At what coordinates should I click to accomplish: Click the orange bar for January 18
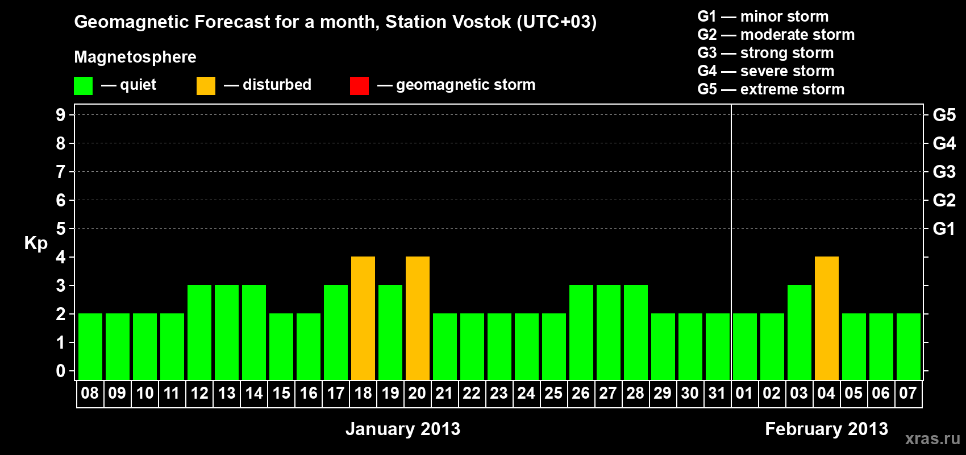click(x=363, y=318)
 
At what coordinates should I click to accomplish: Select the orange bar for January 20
click(x=418, y=318)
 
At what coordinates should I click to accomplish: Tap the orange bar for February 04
click(x=827, y=318)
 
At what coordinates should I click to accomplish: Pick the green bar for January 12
click(x=199, y=332)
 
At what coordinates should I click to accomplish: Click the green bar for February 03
click(x=800, y=332)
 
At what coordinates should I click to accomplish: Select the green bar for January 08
click(x=90, y=346)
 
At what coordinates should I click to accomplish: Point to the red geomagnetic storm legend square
click(x=360, y=85)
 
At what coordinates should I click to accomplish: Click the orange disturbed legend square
click(x=206, y=85)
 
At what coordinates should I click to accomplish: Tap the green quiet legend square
click(x=83, y=85)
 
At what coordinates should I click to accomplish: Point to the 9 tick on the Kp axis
click(x=60, y=115)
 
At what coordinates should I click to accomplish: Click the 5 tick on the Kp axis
click(x=60, y=229)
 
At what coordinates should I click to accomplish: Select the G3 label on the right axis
click(x=944, y=172)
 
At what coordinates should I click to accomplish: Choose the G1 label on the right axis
click(x=944, y=229)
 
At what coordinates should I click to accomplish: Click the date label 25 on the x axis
click(x=553, y=393)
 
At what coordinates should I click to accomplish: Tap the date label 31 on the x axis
click(x=717, y=393)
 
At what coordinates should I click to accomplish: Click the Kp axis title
click(x=36, y=244)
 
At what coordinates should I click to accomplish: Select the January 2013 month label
click(x=403, y=429)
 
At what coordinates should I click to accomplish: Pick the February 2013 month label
click(x=826, y=429)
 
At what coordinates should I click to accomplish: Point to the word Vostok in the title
click(x=481, y=22)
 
